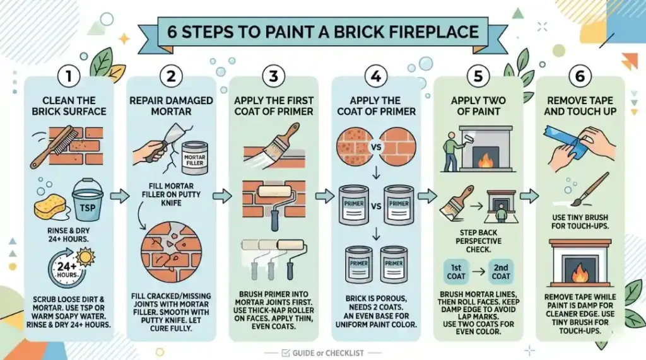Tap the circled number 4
(376, 77)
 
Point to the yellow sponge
(50, 206)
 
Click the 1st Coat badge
(456, 271)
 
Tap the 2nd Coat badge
(501, 271)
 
